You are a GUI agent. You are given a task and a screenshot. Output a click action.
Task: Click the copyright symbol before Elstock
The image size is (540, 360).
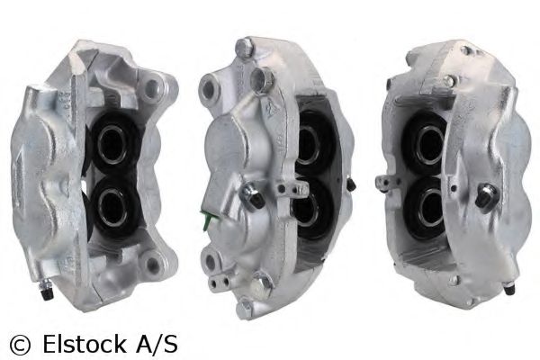tap(20, 344)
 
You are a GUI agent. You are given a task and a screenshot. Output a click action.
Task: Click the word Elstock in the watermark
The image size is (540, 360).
tap(85, 344)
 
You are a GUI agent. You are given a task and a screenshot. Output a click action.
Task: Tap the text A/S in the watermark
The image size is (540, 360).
tap(157, 344)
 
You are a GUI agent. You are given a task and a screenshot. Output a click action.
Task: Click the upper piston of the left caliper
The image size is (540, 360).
tap(112, 144)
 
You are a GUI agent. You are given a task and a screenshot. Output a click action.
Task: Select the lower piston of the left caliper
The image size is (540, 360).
tap(112, 208)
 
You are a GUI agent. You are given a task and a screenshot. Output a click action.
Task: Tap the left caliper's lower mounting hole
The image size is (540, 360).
tap(152, 265)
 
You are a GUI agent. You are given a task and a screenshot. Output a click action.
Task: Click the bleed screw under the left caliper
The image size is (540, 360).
tap(45, 289)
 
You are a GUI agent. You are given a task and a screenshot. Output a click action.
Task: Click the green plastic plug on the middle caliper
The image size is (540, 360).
tap(207, 220)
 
